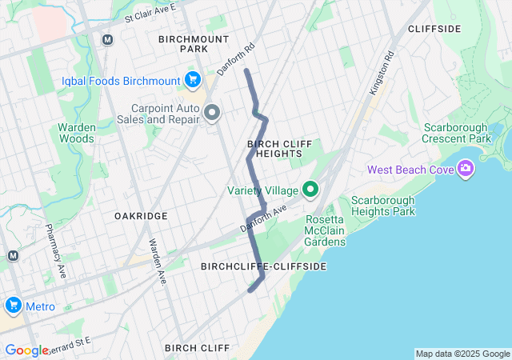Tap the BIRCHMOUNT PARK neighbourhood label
194,43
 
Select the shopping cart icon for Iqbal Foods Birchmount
192,79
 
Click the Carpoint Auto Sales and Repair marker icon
212,113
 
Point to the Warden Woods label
77,133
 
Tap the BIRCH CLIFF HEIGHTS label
274,148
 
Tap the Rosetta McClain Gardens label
325,231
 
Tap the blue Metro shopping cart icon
13,306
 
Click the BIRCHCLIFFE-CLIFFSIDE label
263,266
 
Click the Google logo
26,350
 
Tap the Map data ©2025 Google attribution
462,354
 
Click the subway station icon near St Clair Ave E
107,39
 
